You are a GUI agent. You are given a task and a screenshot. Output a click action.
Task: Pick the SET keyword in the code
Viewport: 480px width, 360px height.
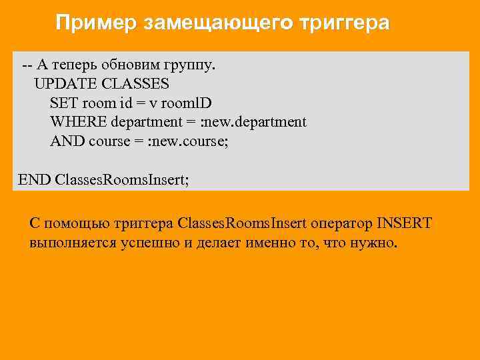tap(63, 103)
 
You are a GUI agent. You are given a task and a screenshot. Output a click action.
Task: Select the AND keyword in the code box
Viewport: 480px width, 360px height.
tap(67, 141)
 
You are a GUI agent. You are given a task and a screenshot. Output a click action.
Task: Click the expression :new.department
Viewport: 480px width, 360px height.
tap(255, 123)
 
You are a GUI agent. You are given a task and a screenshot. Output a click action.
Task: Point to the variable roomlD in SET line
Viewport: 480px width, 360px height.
tap(189, 103)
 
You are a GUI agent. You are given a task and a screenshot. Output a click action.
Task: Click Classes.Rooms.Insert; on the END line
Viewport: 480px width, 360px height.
tap(122, 179)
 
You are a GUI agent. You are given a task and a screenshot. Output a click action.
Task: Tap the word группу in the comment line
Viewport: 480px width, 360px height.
tap(191, 65)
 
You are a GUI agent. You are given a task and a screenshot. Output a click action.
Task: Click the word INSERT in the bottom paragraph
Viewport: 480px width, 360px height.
tap(404, 223)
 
